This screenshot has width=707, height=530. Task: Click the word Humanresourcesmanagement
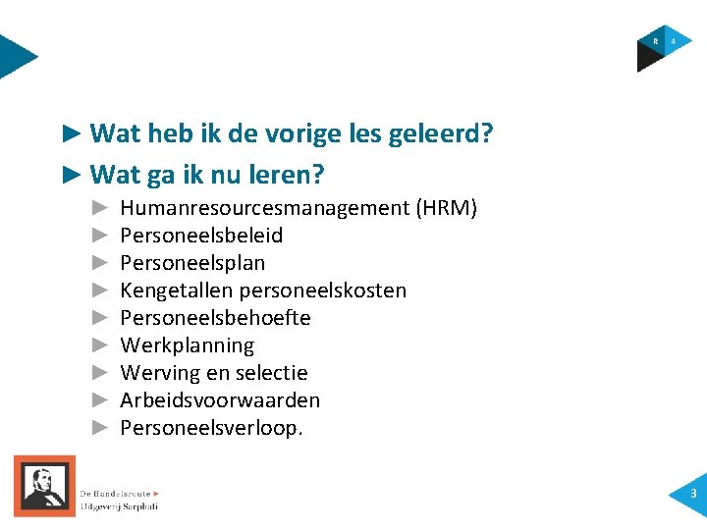(264, 208)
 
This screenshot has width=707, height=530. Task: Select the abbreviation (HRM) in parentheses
(446, 208)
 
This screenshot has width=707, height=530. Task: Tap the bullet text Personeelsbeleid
(201, 236)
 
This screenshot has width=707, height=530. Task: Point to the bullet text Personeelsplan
(192, 263)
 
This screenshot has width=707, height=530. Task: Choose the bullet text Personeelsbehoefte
(215, 318)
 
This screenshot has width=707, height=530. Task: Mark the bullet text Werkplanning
(187, 345)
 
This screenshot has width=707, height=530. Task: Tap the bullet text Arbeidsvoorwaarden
(220, 400)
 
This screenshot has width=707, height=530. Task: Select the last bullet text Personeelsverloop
(211, 428)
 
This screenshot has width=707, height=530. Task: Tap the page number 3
(692, 494)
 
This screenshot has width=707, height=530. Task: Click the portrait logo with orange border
(44, 486)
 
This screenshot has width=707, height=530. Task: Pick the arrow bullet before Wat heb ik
(70, 132)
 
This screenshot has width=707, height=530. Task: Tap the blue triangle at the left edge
(16, 57)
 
